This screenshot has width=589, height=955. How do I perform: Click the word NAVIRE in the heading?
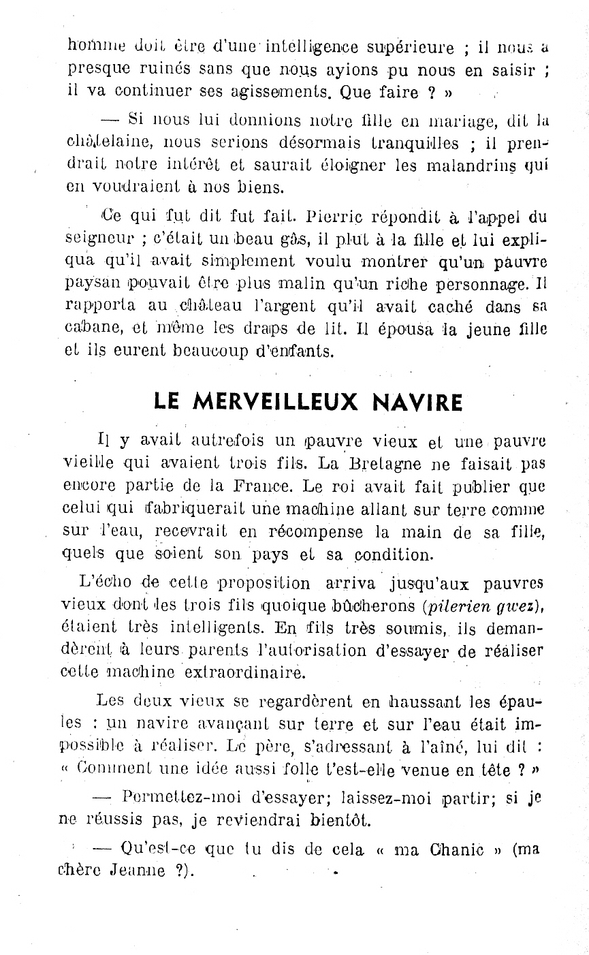pyautogui.click(x=418, y=402)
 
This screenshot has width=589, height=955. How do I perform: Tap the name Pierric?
pyautogui.click(x=335, y=217)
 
